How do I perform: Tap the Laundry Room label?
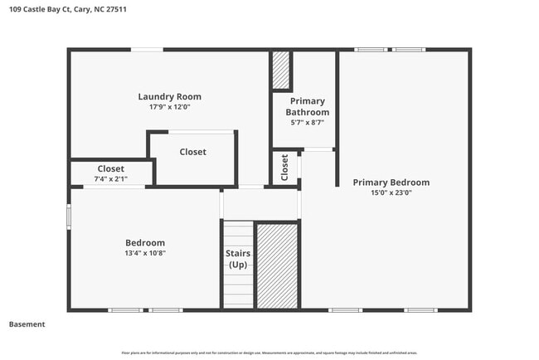[169, 97]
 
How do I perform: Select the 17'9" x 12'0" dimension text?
[169, 107]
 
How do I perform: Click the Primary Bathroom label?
[307, 107]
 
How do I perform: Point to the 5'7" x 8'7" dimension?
[307, 122]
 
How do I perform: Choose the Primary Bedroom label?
[391, 182]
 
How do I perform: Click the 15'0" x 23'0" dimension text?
[391, 192]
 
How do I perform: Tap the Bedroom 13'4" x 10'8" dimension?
[145, 253]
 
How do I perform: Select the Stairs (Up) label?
[237, 259]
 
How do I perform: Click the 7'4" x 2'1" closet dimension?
[111, 179]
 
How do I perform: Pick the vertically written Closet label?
[284, 168]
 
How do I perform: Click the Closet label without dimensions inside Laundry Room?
[192, 152]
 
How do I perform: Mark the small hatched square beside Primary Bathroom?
[281, 70]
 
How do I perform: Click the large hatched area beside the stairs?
[277, 265]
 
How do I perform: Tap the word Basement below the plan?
[27, 324]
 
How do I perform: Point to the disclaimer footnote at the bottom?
[269, 353]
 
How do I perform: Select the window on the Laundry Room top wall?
[147, 50]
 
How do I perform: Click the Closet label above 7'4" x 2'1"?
[111, 169]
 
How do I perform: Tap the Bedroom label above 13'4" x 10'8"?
[145, 243]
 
